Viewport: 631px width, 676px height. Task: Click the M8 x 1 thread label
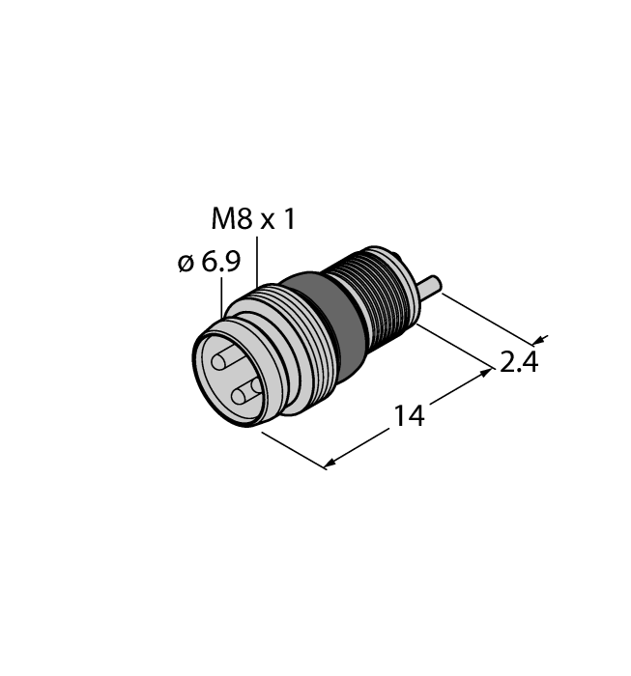[253, 220]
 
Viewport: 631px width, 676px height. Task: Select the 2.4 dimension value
[518, 363]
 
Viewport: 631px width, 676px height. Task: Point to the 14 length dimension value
[408, 416]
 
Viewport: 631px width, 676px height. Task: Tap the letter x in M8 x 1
[262, 222]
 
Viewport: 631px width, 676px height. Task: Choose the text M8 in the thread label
[229, 220]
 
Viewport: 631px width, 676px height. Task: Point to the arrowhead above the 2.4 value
[538, 339]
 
